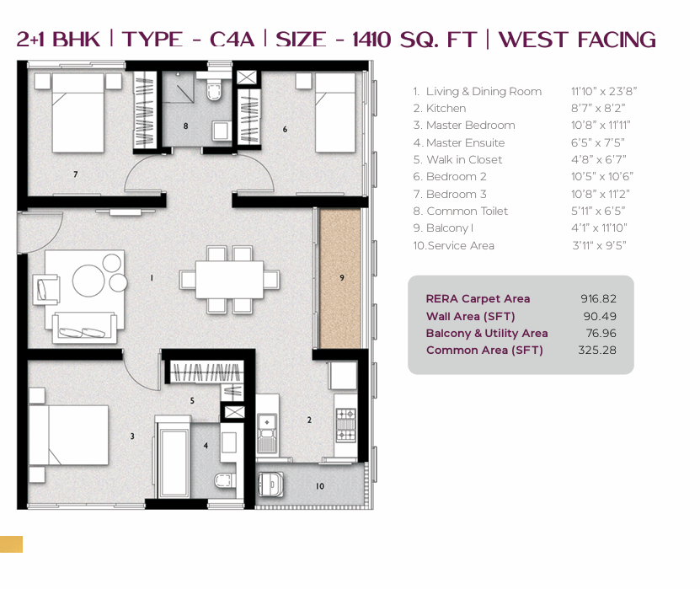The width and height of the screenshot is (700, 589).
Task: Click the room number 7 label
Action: [x=76, y=174]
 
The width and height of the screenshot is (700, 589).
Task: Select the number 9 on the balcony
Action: [x=342, y=278]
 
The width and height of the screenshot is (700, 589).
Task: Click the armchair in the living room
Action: [x=46, y=290]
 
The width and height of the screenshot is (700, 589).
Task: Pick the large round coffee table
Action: [x=88, y=281]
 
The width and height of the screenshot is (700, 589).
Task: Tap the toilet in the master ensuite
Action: [x=225, y=481]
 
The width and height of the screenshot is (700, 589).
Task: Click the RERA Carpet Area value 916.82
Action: [x=598, y=299]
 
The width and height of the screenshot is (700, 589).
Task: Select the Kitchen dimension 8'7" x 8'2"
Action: [x=598, y=108]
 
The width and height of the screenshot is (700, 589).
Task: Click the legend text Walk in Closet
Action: [x=464, y=159]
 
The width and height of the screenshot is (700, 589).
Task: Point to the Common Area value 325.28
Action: [x=597, y=350]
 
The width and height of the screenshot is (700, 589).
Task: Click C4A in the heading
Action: [x=232, y=40]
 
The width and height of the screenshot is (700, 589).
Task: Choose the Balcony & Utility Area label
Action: [x=487, y=333]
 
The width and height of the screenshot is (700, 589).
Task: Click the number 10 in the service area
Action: [x=320, y=486]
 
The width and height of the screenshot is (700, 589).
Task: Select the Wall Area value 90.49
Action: [x=600, y=316]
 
